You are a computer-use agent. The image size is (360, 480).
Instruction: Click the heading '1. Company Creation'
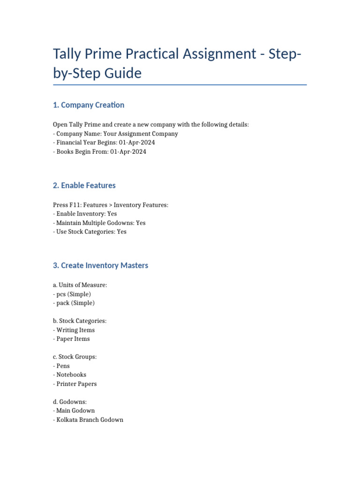pyautogui.click(x=89, y=105)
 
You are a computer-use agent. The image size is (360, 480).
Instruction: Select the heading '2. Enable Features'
pyautogui.click(x=84, y=186)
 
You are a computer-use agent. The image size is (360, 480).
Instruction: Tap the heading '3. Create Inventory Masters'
pyautogui.click(x=101, y=265)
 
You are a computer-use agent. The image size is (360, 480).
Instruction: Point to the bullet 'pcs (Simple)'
pyautogui.click(x=74, y=294)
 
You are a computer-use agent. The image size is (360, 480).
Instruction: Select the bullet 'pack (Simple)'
pyautogui.click(x=75, y=303)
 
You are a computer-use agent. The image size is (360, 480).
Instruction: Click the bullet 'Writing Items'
pyautogui.click(x=75, y=330)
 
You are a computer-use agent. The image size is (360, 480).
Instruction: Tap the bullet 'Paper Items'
pyautogui.click(x=73, y=339)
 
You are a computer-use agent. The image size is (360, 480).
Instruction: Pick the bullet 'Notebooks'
pyautogui.click(x=71, y=375)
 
